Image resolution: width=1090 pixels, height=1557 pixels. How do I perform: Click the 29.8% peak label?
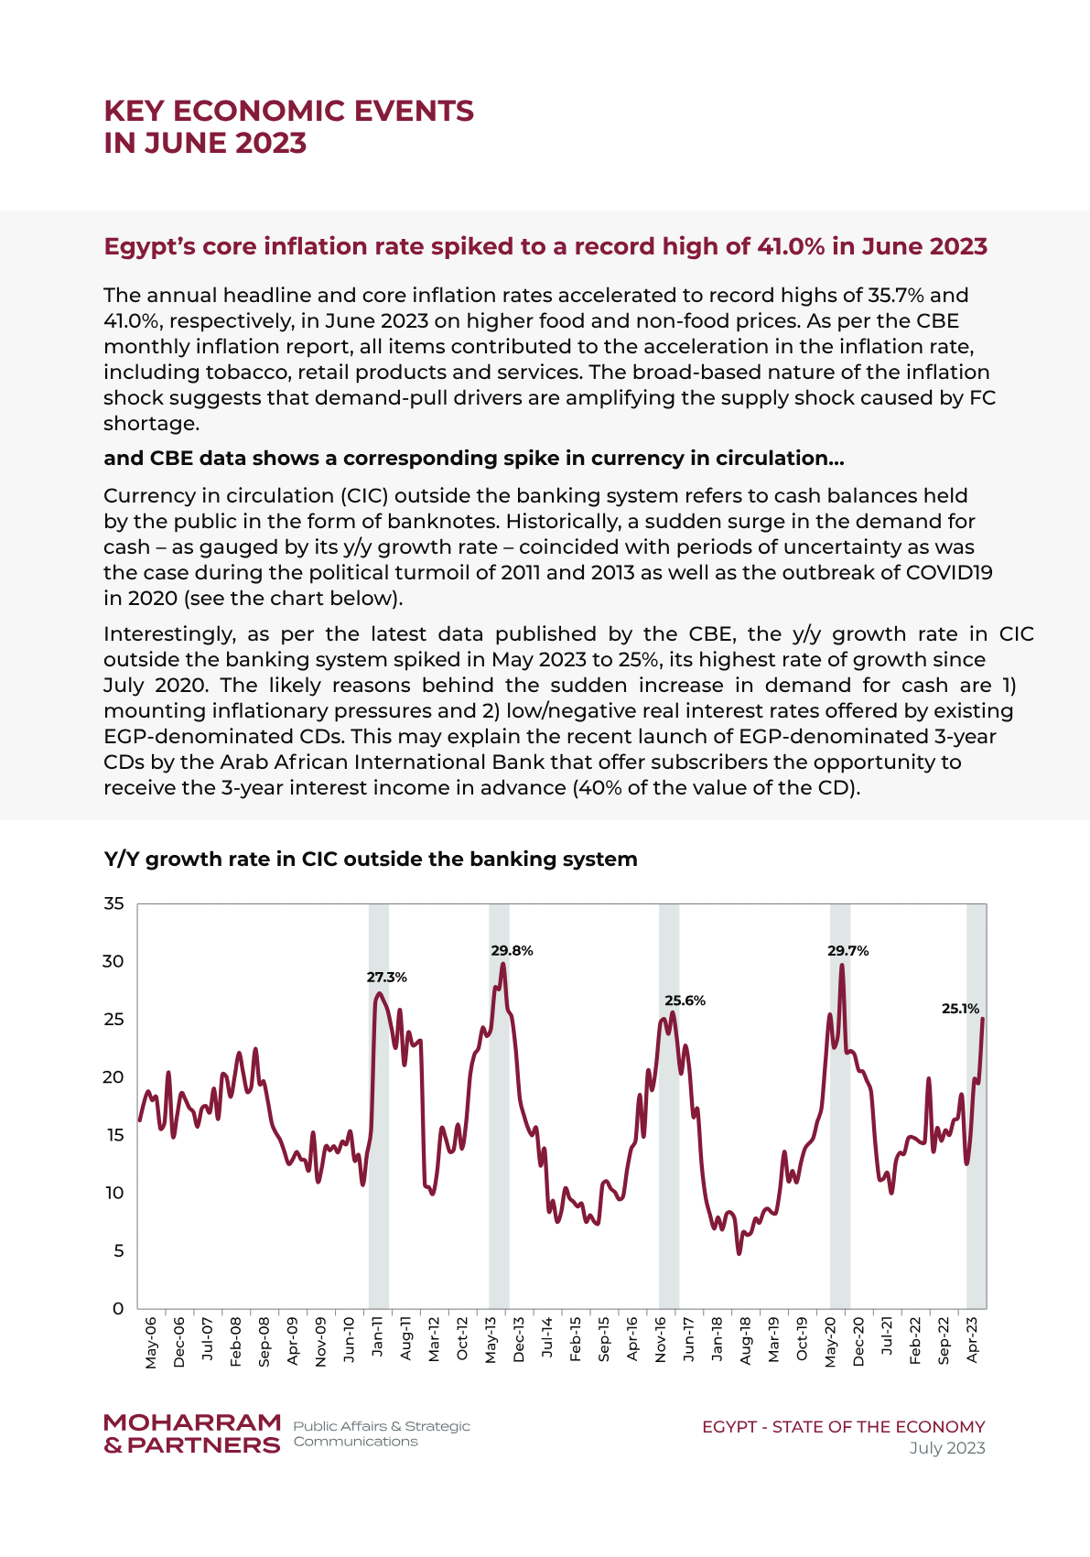click(x=512, y=950)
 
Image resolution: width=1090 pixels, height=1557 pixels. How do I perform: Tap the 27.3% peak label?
click(x=386, y=977)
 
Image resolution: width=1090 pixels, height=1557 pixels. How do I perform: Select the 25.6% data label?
click(x=685, y=1000)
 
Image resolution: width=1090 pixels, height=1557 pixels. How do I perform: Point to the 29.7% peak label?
click(x=848, y=950)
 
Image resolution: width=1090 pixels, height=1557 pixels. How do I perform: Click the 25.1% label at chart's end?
click(x=960, y=1008)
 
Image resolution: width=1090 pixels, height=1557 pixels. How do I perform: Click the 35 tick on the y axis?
click(x=113, y=903)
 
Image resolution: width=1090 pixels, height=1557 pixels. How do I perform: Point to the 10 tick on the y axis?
click(x=114, y=1193)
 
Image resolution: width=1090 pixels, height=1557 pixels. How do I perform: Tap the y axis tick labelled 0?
click(x=118, y=1308)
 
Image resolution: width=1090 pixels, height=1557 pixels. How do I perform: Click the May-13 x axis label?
click(x=491, y=1339)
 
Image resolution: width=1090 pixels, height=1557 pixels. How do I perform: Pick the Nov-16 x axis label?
click(x=661, y=1339)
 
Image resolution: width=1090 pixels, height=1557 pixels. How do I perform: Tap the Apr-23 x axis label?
click(x=972, y=1339)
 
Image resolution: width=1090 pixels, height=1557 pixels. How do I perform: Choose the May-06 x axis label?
click(x=151, y=1342)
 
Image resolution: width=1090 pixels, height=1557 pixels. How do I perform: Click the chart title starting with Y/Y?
click(x=371, y=860)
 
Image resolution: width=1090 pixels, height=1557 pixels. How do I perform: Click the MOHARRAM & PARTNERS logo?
click(x=192, y=1434)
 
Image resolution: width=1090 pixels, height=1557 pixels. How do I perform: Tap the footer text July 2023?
click(x=947, y=1448)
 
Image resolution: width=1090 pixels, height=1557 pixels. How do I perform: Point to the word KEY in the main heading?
click(x=135, y=112)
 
